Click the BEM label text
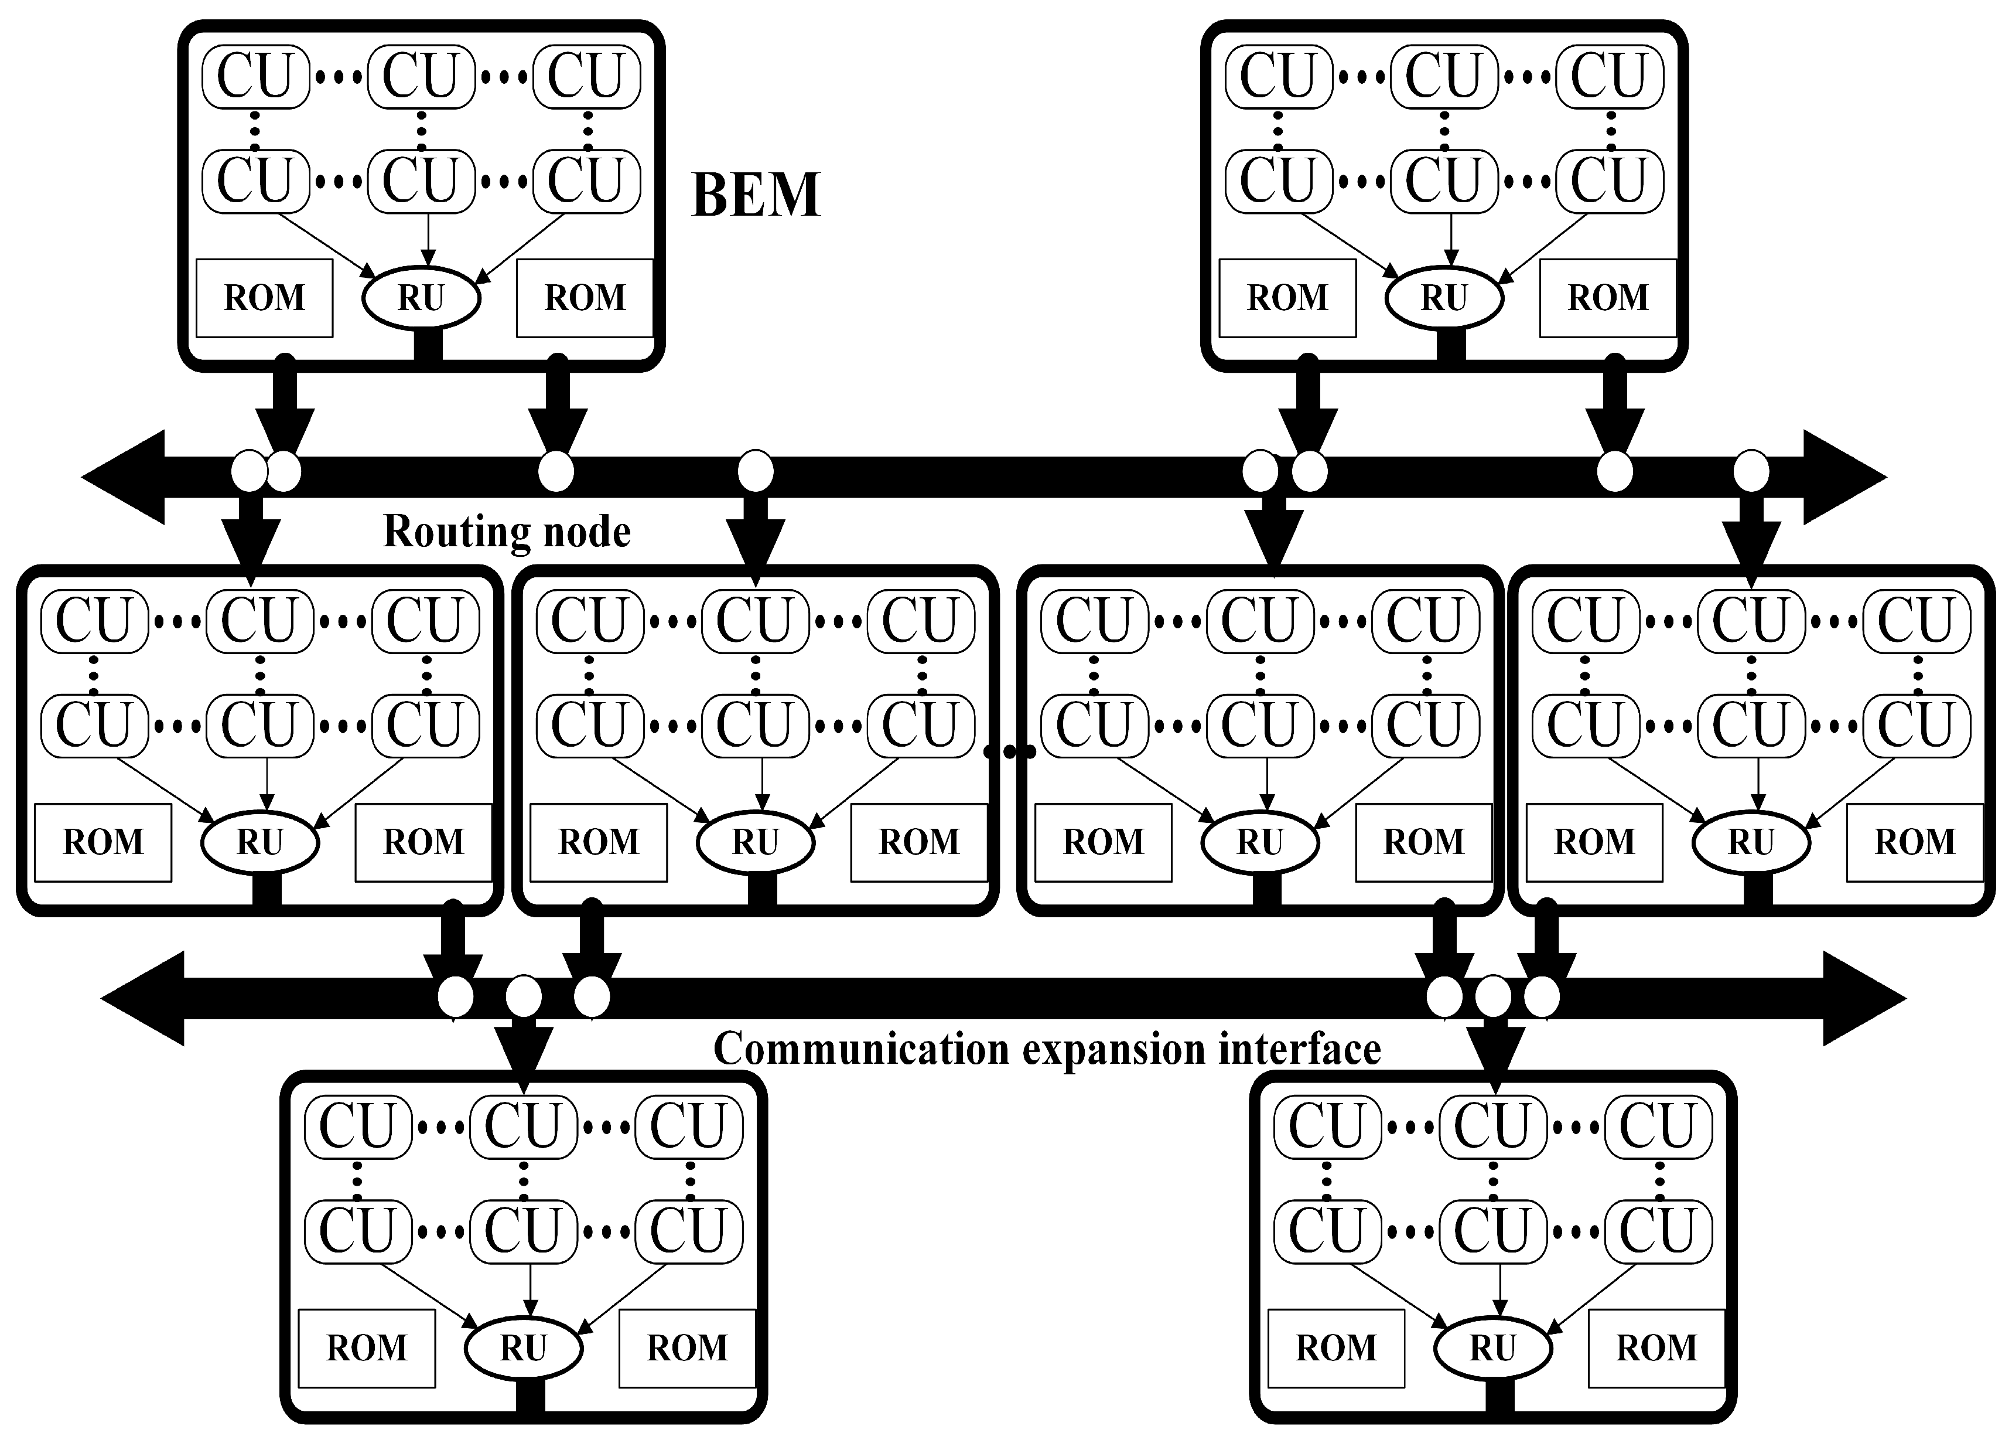[x=756, y=195]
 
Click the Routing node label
[x=507, y=532]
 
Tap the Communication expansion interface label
[x=1047, y=1049]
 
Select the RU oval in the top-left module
[x=421, y=298]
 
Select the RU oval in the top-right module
[x=1444, y=298]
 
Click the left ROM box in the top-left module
[x=264, y=298]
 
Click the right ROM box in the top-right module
[x=1607, y=298]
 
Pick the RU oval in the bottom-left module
[x=524, y=1348]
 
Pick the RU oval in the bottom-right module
[x=1493, y=1348]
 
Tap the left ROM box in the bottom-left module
[x=367, y=1348]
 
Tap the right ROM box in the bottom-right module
[x=1656, y=1348]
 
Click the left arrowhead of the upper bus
[x=124, y=478]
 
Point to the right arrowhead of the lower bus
[x=1863, y=998]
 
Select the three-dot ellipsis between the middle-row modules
[x=1010, y=751]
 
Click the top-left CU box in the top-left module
[x=255, y=76]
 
